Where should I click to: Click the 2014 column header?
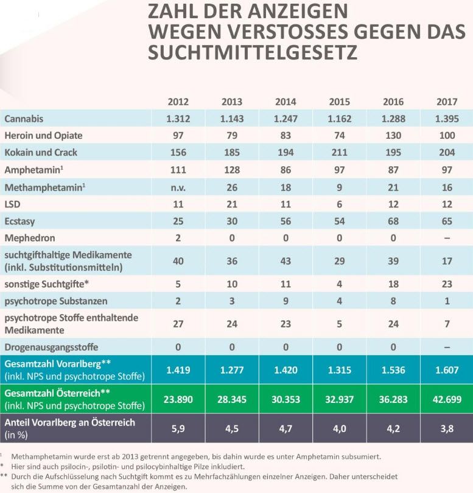286,101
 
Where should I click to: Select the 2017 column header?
446,101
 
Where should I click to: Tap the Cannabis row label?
24,118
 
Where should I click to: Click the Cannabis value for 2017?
446,118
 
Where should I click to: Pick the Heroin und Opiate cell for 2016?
393,135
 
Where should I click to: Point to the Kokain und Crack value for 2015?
339,152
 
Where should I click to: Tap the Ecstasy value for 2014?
286,220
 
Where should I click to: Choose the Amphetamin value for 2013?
231,169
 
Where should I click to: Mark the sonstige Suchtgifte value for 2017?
446,284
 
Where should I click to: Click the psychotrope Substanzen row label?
56,300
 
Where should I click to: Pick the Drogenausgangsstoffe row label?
51,346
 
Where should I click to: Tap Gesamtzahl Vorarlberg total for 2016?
393,369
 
